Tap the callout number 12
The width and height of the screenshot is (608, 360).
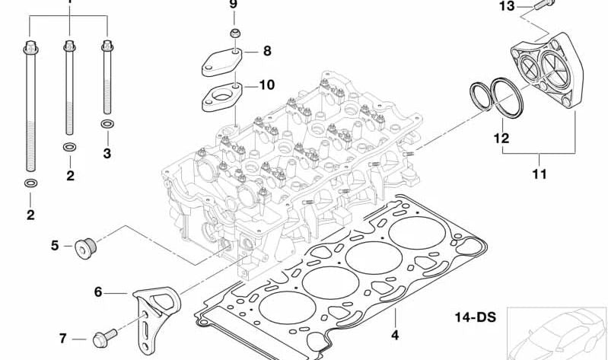[500, 139]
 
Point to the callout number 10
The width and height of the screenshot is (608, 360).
[266, 85]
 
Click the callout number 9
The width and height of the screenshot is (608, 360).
[234, 5]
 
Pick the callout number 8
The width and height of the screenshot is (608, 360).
[266, 51]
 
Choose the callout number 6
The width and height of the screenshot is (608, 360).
[98, 292]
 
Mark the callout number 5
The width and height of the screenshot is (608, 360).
[55, 245]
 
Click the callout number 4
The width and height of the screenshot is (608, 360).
[395, 333]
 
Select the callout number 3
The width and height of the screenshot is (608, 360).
[107, 154]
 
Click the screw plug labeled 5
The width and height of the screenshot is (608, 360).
[84, 247]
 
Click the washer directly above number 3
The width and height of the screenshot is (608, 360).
[107, 123]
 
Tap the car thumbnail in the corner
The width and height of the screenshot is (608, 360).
[557, 331]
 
